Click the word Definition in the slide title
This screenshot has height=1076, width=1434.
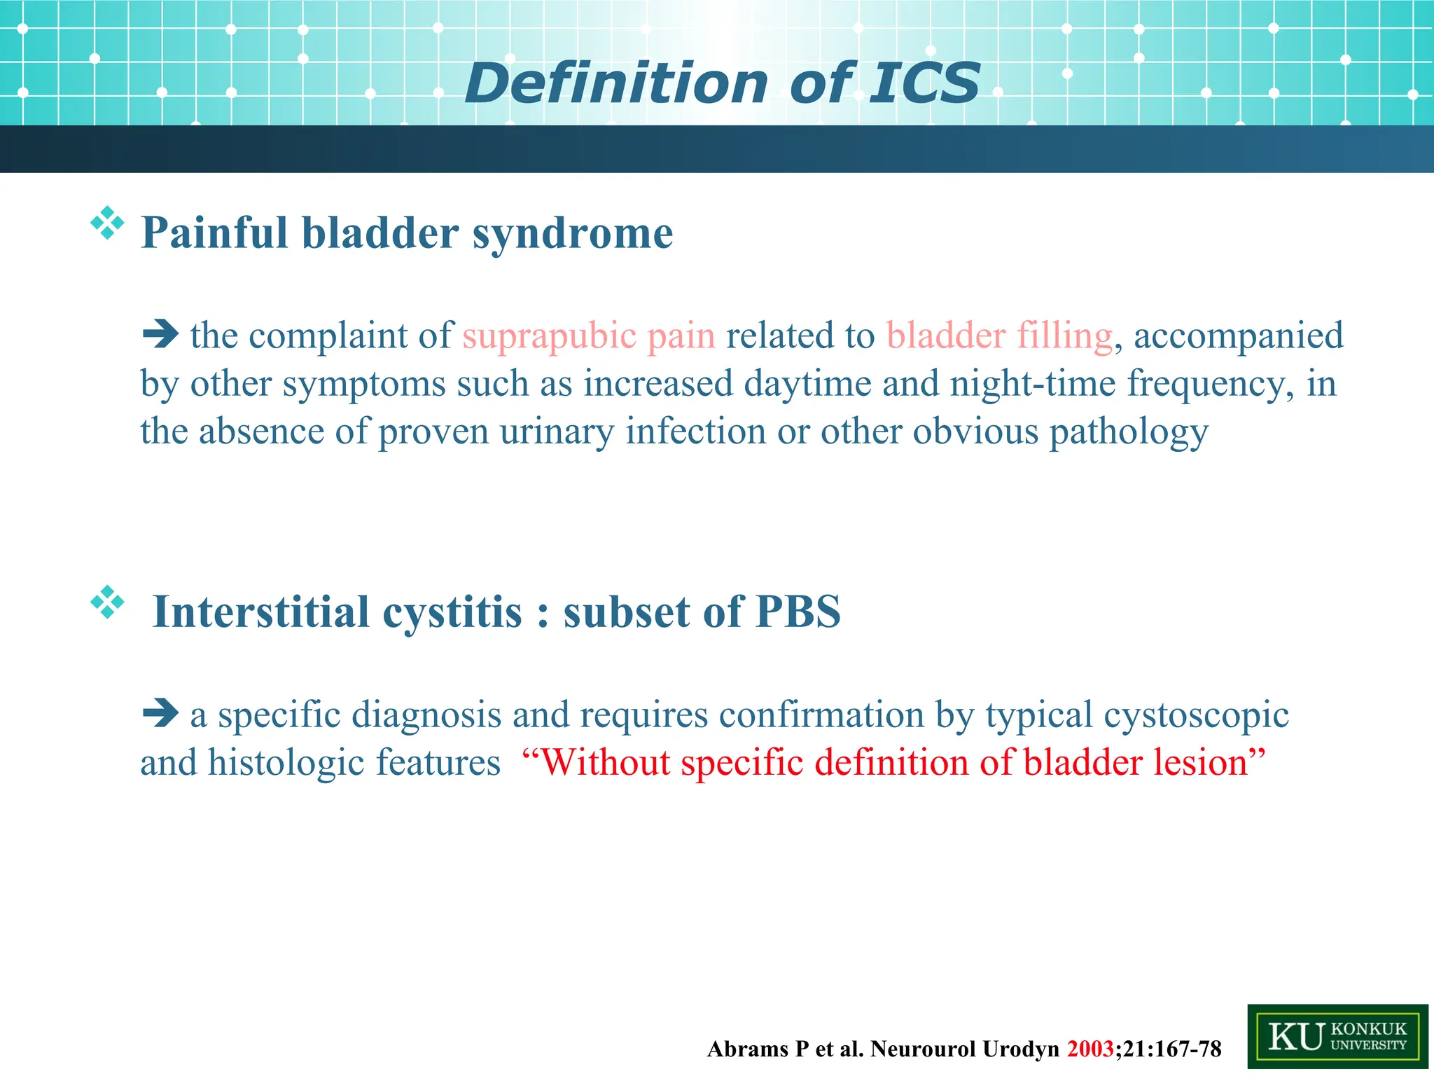(x=616, y=84)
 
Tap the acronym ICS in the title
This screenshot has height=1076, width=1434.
(x=924, y=84)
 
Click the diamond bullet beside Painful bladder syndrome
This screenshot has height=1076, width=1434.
(x=107, y=223)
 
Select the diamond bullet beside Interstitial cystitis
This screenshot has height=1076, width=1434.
(x=107, y=602)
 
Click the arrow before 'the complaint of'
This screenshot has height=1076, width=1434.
(x=160, y=334)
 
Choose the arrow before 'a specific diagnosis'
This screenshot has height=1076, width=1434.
(x=160, y=714)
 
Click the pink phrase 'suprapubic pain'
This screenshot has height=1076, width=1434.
(x=589, y=336)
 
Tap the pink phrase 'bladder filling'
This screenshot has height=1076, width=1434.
(x=999, y=336)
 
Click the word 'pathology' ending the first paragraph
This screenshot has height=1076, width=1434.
(x=1128, y=432)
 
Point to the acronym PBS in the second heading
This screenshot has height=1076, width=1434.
(x=798, y=612)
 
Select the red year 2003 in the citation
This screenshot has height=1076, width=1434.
(x=1090, y=1049)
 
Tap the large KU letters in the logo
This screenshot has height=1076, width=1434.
(x=1296, y=1037)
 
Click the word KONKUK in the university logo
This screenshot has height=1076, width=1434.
(x=1368, y=1028)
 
